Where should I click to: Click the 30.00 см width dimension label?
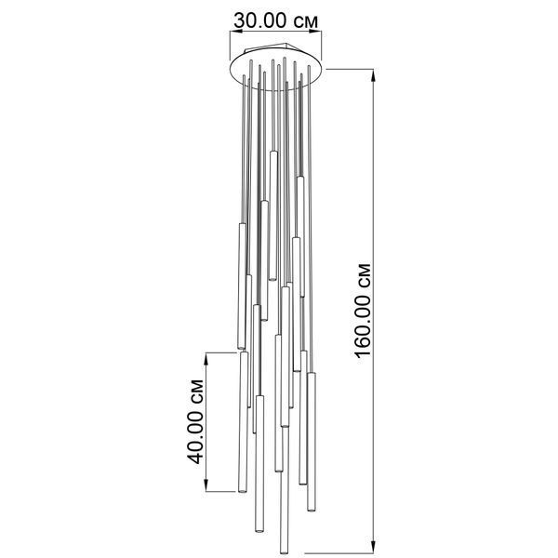point(275,21)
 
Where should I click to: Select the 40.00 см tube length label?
point(195,421)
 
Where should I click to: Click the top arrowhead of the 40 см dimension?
point(206,360)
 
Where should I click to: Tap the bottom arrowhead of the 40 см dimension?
point(206,485)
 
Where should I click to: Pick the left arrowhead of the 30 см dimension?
point(236,32)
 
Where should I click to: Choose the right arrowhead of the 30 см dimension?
point(315,32)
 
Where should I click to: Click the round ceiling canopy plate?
point(276,86)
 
